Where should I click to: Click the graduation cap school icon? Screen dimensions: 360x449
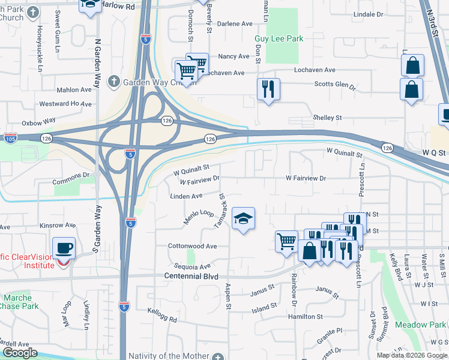coord(243,220)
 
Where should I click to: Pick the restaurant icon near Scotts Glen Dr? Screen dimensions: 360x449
coord(268,89)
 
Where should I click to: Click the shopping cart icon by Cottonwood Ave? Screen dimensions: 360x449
coord(286,241)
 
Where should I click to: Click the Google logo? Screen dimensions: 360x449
coord(19,353)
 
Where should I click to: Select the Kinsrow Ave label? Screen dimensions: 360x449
coord(58,226)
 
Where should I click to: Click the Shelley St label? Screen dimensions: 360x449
coord(327,118)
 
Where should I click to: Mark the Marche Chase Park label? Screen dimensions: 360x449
coord(21,302)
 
